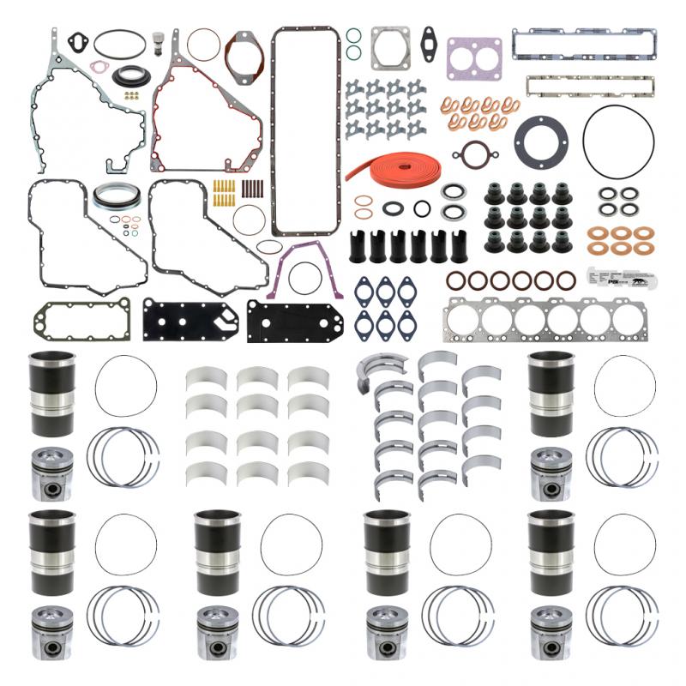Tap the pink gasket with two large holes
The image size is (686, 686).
coord(473,57)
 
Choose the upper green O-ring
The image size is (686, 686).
coord(353,36)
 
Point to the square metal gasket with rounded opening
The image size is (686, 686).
coord(389,49)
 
